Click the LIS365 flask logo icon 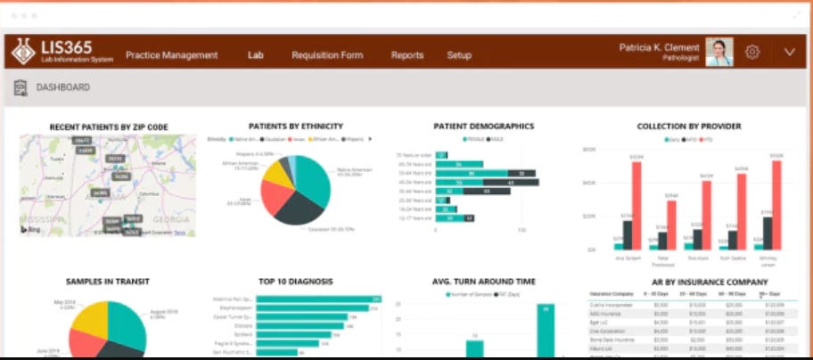point(23,53)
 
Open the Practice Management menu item point(171,55)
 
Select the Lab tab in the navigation point(256,55)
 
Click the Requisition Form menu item point(327,55)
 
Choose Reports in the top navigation point(407,55)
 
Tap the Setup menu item point(459,55)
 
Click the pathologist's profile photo point(719,53)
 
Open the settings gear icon point(752,53)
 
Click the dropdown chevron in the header point(789,53)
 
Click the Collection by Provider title point(689,127)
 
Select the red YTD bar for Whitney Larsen point(776,205)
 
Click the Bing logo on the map point(31,230)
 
